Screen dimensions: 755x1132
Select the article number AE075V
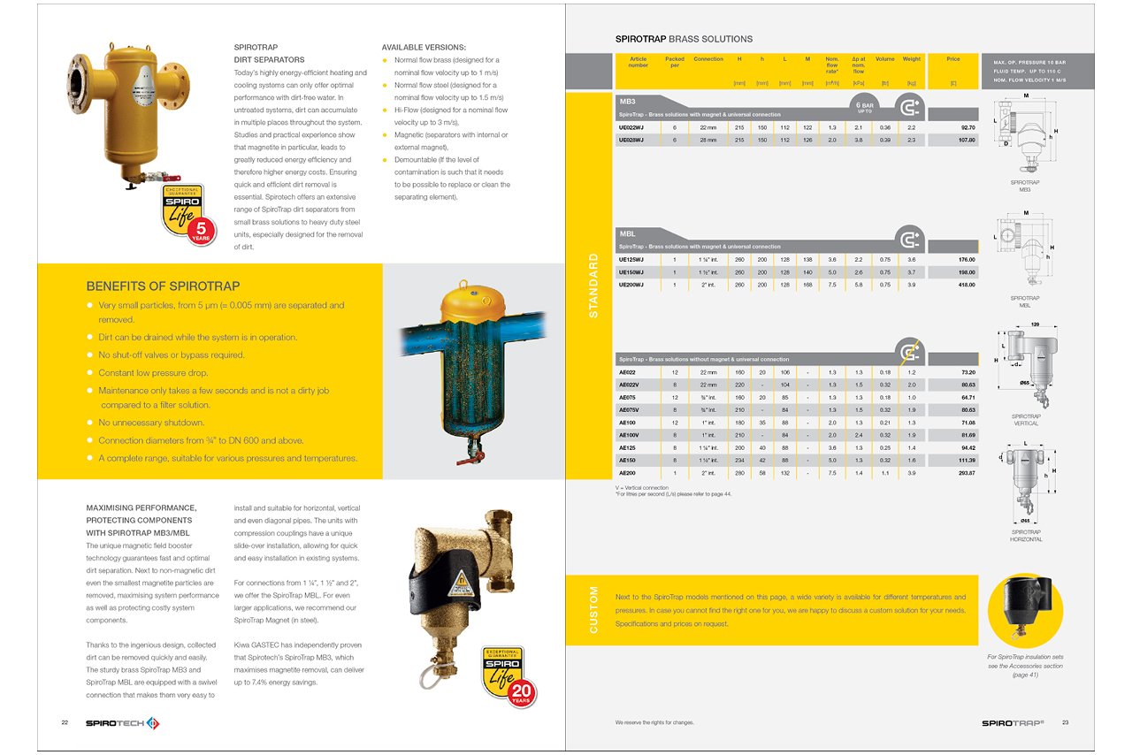coord(628,409)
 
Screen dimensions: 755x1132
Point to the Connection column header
coord(708,59)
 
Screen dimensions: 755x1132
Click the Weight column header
coord(911,59)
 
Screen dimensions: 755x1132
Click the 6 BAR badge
coord(866,106)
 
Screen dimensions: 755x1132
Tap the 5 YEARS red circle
coord(201,232)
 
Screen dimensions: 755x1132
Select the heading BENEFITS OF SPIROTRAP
coord(163,286)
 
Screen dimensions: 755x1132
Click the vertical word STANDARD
coord(593,286)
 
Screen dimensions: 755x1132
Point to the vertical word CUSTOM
coord(593,610)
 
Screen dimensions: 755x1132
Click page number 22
coord(65,722)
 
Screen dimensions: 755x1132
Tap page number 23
coord(1065,722)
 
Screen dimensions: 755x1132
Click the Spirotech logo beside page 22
coord(122,723)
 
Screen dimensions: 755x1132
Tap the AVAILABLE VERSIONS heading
coord(424,47)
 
